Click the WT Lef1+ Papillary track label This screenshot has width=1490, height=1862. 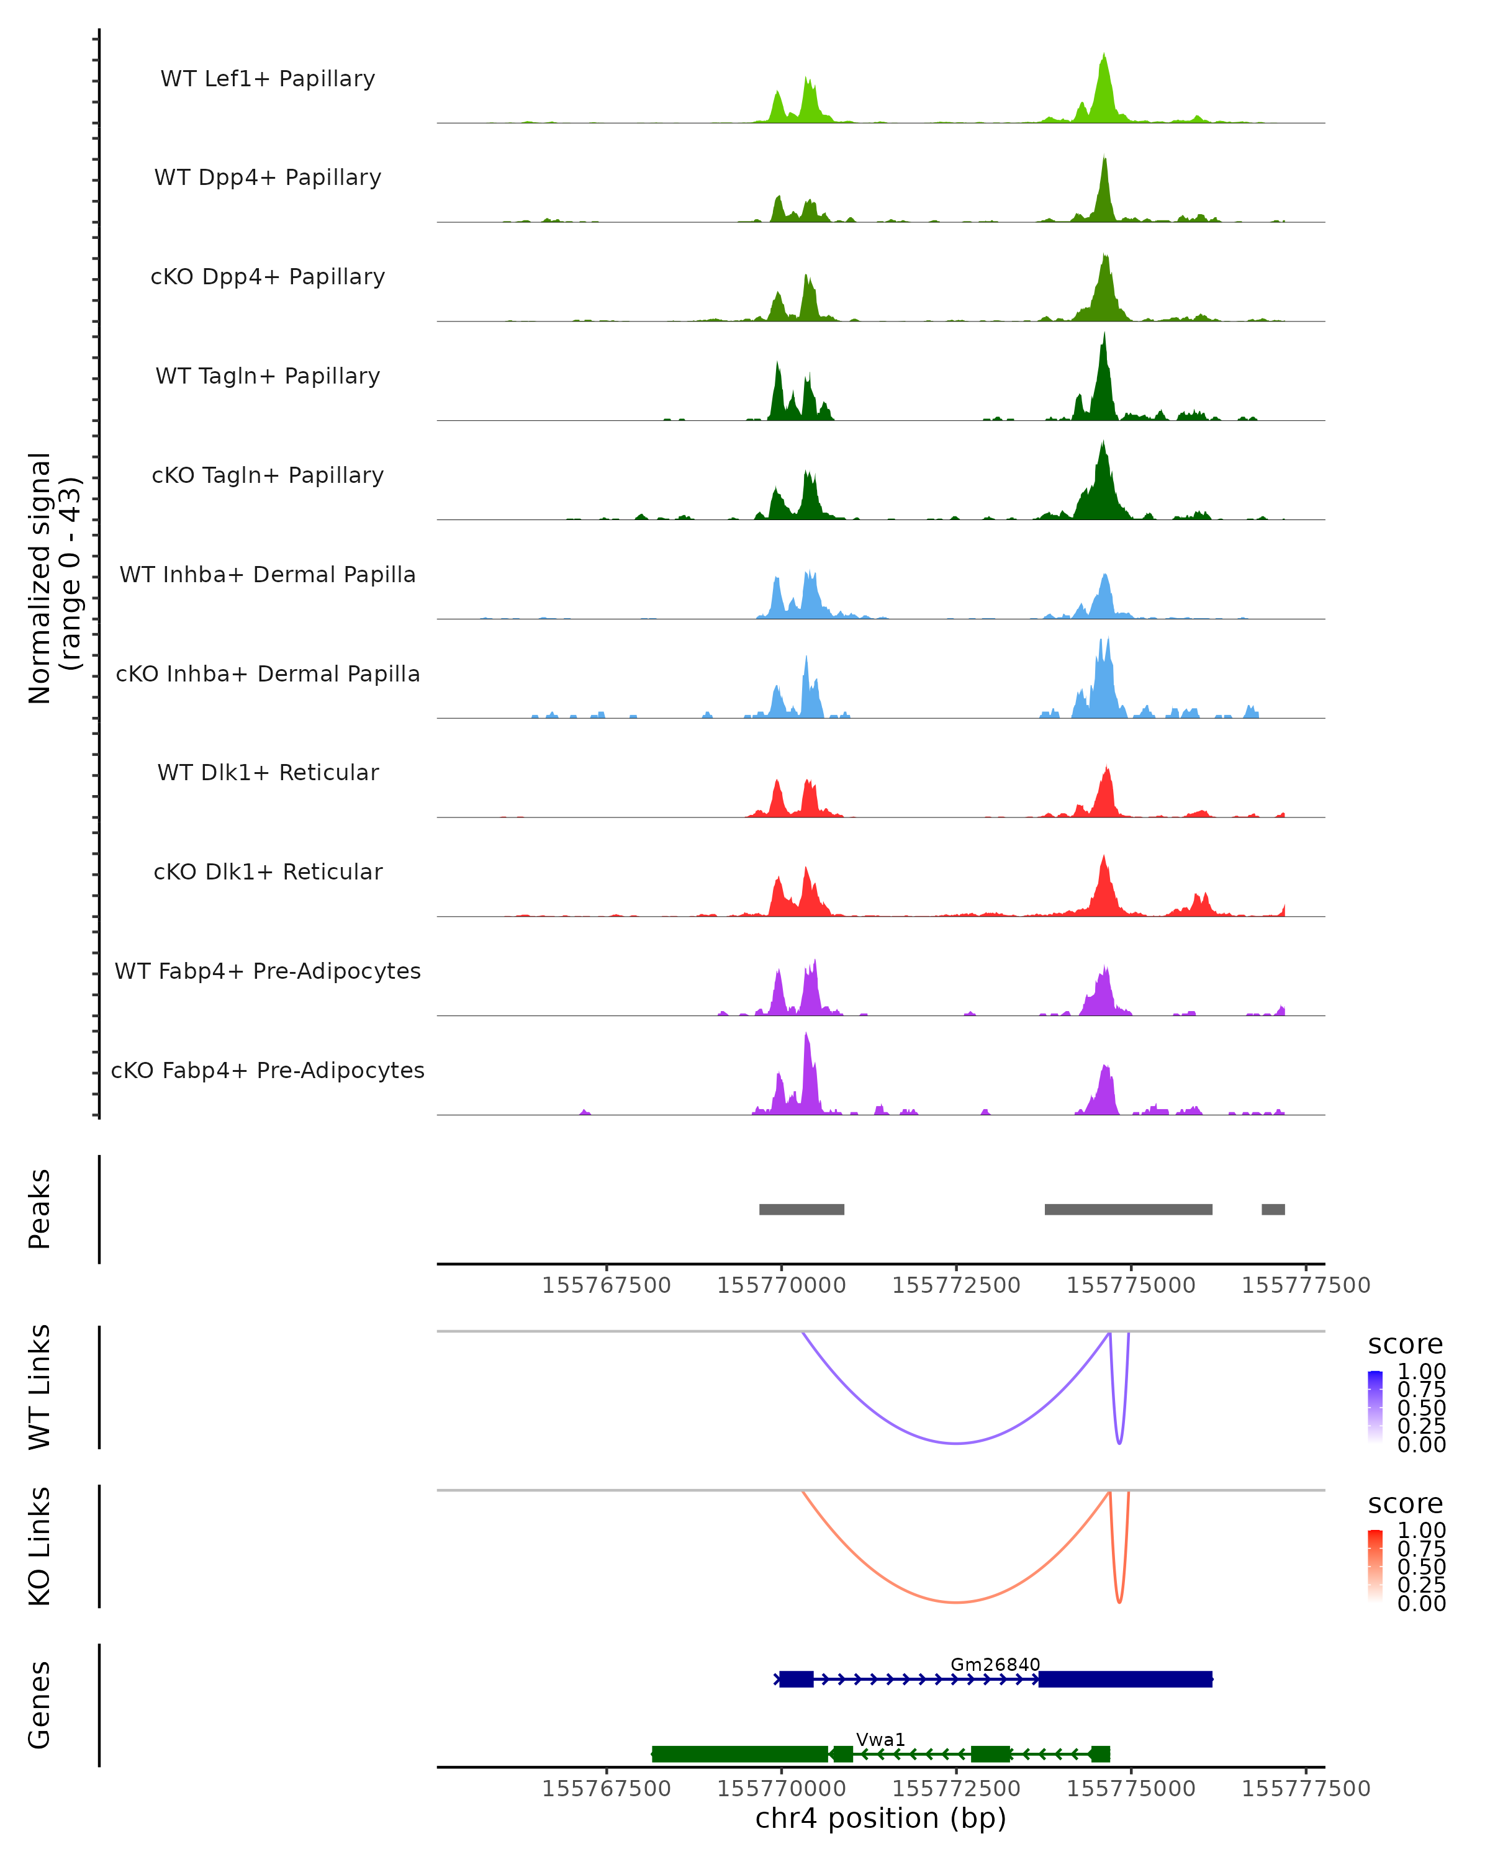pyautogui.click(x=268, y=79)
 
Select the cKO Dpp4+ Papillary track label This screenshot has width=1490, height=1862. pyautogui.click(x=268, y=276)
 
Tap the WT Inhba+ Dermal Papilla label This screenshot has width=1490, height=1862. pyautogui.click(x=268, y=574)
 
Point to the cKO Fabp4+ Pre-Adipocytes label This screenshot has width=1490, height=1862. pyautogui.click(x=268, y=1070)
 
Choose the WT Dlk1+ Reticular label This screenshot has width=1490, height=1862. pyautogui.click(x=268, y=772)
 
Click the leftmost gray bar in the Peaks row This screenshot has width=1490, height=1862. pyautogui.click(x=801, y=1209)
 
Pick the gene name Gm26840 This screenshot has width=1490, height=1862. pyautogui.click(x=995, y=1664)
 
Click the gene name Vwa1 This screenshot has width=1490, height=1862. pyautogui.click(x=880, y=1739)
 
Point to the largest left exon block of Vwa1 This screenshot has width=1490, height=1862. pyautogui.click(x=739, y=1754)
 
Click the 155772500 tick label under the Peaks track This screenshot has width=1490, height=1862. pyautogui.click(x=956, y=1285)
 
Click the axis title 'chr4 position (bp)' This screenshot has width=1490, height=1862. pyautogui.click(x=880, y=1818)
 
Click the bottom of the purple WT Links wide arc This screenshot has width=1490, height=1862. pyautogui.click(x=956, y=1443)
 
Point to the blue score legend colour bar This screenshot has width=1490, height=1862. pyautogui.click(x=1375, y=1406)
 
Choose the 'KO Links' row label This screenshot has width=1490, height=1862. pyautogui.click(x=40, y=1546)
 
